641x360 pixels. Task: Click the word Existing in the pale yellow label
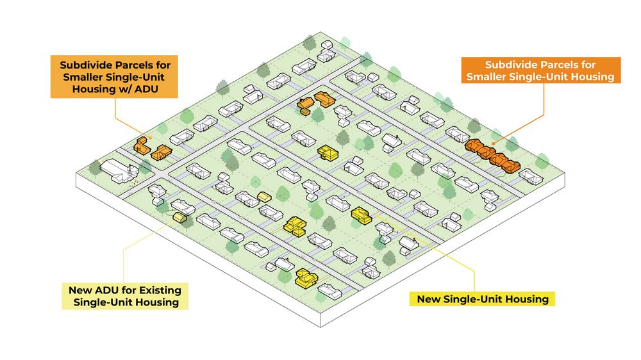coord(160,290)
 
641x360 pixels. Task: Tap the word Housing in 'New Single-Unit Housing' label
coord(528,299)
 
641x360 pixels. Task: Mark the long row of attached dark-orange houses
coord(492,155)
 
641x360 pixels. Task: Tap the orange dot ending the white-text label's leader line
coord(494,143)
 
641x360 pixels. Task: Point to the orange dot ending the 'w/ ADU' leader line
coord(151,138)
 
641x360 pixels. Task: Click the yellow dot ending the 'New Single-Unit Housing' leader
coord(376,215)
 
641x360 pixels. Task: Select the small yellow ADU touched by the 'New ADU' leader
coord(179,217)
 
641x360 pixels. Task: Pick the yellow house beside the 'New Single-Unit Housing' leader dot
coord(362,215)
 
